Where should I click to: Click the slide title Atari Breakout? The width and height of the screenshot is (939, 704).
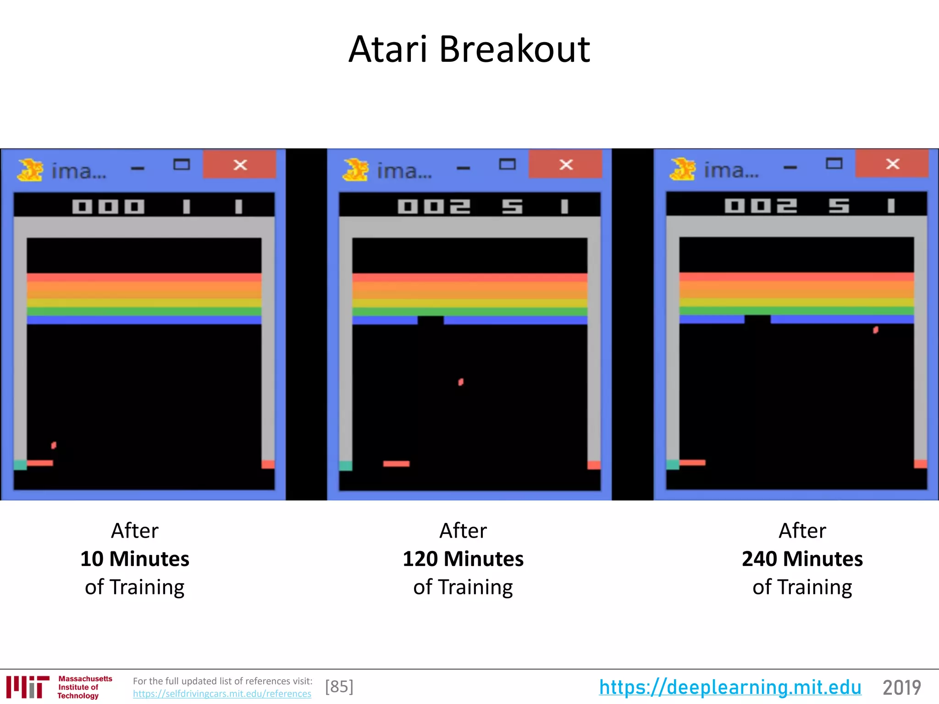pos(469,49)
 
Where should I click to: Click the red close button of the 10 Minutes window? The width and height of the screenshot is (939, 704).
pos(240,165)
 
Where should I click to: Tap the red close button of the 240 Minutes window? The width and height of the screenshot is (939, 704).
pos(892,164)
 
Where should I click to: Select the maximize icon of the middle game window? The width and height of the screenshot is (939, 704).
pos(507,164)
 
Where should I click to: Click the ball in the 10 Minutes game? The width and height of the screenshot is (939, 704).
pos(54,445)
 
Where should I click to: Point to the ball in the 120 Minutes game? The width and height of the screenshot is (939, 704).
pos(461,382)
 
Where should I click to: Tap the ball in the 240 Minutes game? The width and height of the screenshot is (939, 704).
pos(875,330)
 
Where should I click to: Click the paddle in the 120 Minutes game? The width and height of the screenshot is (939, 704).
pos(396,464)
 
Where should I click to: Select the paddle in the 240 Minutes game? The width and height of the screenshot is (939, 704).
pos(692,462)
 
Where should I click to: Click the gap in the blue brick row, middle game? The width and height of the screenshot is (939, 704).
pos(431,320)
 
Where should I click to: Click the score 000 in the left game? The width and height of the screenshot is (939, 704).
pos(108,207)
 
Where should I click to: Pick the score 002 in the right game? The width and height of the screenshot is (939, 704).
pos(761,206)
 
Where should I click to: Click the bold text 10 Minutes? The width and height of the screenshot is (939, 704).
pos(135,559)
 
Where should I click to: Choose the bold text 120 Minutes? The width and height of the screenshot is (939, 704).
pos(463,559)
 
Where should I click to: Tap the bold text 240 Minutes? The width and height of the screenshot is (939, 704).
pos(802,559)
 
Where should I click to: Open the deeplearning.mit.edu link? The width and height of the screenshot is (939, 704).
pos(730,687)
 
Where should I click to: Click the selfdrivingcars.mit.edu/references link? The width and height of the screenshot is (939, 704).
pos(222,694)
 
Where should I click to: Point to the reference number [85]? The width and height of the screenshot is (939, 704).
pos(339,687)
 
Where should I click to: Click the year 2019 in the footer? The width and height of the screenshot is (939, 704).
pos(901,687)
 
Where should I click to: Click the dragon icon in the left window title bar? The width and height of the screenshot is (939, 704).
pos(30,170)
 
